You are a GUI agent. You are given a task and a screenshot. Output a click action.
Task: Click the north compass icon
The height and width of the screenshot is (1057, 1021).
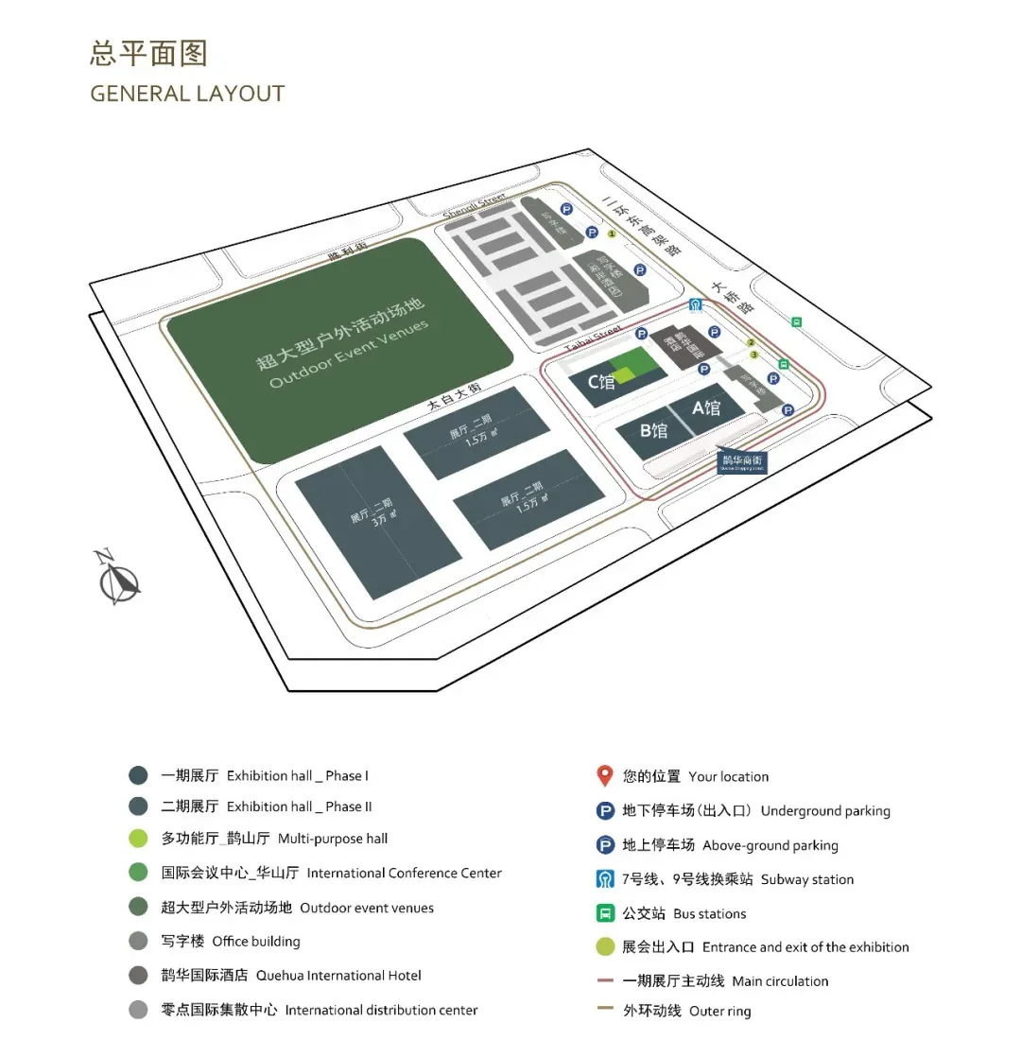118,578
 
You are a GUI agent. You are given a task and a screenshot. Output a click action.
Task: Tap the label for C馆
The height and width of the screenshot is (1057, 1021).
601,382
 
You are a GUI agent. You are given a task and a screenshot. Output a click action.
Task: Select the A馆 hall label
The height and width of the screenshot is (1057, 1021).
706,407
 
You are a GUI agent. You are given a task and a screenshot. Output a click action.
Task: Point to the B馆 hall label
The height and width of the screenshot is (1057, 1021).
653,431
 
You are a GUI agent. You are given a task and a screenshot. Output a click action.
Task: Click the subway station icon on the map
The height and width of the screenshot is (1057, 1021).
696,304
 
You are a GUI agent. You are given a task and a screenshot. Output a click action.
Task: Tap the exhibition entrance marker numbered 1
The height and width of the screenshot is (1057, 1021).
612,233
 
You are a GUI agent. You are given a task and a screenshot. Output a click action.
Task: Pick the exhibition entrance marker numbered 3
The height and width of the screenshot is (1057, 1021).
754,355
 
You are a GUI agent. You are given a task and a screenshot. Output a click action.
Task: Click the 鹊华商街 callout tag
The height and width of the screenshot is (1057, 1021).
741,462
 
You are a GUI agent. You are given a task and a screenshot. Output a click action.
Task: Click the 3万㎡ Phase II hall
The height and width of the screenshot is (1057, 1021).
378,521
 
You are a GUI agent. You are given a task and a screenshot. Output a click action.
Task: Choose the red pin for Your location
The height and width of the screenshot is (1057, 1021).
605,776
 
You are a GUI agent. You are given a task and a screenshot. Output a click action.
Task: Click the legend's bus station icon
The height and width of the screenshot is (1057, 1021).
605,913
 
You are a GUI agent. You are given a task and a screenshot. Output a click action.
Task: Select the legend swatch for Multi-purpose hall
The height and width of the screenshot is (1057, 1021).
139,839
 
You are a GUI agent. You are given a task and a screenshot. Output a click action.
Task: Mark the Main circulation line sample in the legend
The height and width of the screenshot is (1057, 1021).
605,981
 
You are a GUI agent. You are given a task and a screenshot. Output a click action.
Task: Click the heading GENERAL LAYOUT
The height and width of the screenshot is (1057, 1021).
187,94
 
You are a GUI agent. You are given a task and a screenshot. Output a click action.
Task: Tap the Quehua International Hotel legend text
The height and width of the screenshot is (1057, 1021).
291,976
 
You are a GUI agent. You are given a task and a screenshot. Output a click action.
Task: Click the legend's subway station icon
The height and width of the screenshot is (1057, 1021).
605,879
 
